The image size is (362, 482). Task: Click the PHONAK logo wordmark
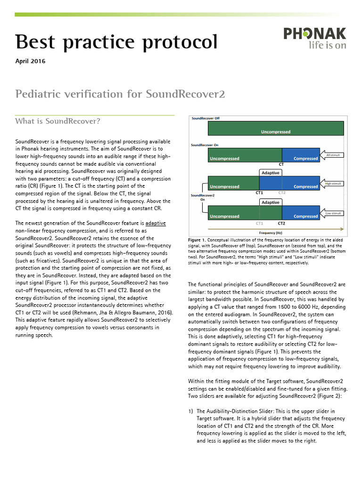(x=314, y=33)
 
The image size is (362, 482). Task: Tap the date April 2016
(x=31, y=61)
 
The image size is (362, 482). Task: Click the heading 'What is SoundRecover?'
(x=58, y=121)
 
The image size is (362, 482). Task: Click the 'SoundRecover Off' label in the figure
(x=206, y=118)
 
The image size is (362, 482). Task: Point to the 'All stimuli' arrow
(x=334, y=155)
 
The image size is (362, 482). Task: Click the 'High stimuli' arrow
(x=334, y=184)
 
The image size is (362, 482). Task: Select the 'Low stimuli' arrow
(x=334, y=214)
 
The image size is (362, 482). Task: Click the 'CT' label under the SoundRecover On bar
(x=281, y=165)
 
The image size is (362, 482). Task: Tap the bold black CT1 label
(x=259, y=193)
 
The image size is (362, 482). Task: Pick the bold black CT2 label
(x=281, y=223)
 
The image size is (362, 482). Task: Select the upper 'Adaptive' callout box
(x=271, y=173)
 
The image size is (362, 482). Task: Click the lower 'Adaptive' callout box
(x=271, y=202)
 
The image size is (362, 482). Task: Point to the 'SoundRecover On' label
(x=205, y=145)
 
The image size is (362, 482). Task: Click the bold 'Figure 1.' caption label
(x=197, y=240)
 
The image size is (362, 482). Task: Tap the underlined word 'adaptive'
(x=156, y=223)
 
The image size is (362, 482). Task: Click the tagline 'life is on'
(x=327, y=46)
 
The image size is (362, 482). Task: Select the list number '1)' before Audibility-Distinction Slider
(x=191, y=411)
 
